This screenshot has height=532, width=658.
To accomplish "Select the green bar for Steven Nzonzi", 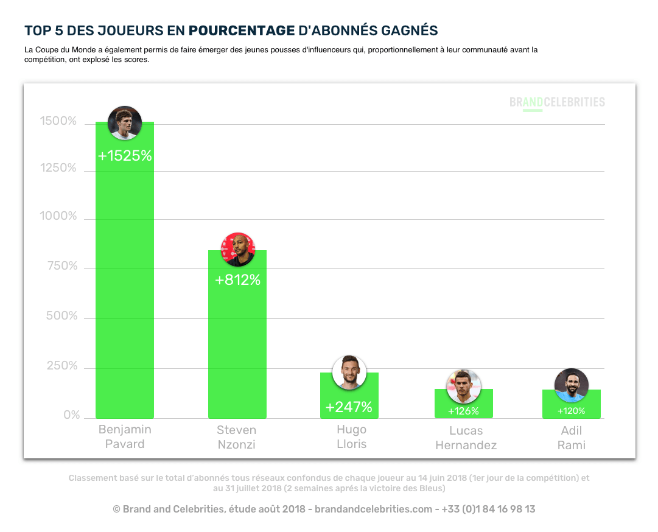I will [237, 347].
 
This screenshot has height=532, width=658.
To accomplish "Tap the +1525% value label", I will [125, 156].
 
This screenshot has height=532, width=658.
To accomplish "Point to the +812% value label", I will [237, 280].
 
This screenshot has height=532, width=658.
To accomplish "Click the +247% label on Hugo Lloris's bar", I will [349, 407].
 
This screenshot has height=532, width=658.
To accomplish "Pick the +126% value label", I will [463, 411].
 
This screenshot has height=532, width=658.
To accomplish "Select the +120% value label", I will [571, 411].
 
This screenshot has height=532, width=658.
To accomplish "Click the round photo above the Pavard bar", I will [125, 123].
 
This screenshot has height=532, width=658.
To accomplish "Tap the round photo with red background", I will [237, 249].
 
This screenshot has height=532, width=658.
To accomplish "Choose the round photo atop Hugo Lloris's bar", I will [349, 372].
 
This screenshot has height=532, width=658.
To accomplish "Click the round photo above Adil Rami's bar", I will [571, 385].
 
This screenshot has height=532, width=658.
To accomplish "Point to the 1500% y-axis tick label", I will [58, 122].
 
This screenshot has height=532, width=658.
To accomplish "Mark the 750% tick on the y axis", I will [62, 266].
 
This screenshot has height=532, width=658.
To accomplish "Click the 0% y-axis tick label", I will [72, 415].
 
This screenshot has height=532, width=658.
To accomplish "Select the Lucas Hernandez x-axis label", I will [466, 438].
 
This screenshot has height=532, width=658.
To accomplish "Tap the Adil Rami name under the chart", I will [571, 438].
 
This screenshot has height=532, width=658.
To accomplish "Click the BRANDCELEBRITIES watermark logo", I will [557, 102].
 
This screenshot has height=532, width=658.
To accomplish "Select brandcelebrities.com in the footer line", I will [373, 509].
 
